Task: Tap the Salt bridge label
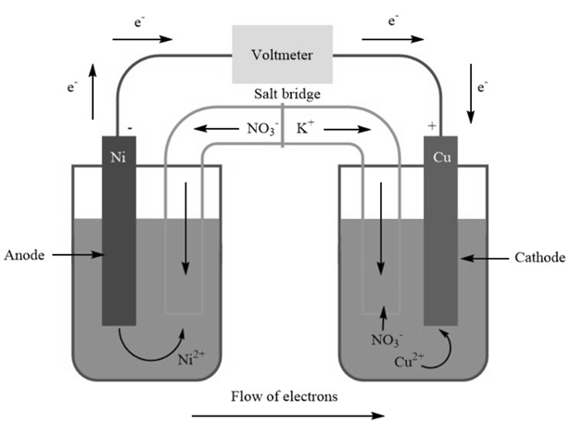287,96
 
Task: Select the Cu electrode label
441,156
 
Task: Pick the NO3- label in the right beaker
384,339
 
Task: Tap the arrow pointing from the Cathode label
484,257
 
